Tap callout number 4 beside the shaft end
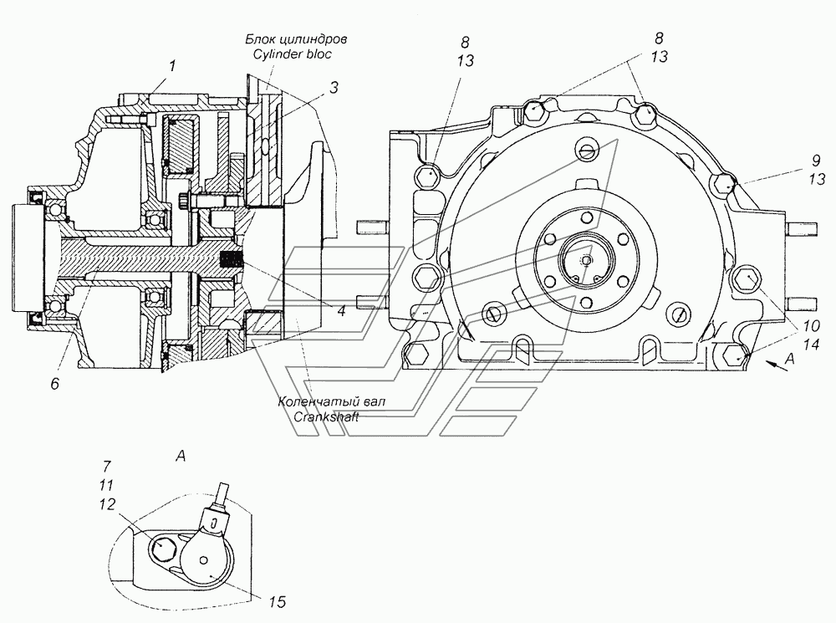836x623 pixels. coord(341,311)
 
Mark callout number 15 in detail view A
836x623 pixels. coord(276,600)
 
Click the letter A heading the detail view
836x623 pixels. coord(180,456)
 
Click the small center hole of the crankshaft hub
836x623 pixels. coord(585,259)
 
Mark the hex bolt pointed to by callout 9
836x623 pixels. coord(724,184)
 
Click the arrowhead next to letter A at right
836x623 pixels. coord(763,360)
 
